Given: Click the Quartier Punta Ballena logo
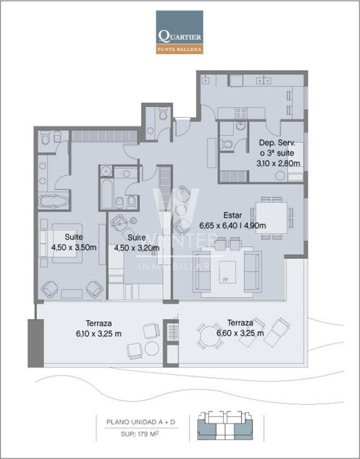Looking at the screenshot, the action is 179,32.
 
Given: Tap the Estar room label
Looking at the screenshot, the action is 233,215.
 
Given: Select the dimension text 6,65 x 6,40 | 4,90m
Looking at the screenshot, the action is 233,226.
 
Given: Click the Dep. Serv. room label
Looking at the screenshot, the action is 277,143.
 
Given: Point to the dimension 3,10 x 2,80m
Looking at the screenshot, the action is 278,163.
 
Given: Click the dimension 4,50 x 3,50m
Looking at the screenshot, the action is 74,247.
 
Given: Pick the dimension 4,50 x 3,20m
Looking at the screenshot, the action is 137,248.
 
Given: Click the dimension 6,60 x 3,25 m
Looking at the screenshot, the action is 240,333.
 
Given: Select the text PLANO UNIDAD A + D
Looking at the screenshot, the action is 141,422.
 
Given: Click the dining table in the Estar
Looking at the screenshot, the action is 271,217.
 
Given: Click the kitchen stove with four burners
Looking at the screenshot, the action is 241,113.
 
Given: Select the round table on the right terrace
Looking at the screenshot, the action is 210,336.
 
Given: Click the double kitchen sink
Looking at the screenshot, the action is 264,81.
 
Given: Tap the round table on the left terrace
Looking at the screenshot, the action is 152,348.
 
